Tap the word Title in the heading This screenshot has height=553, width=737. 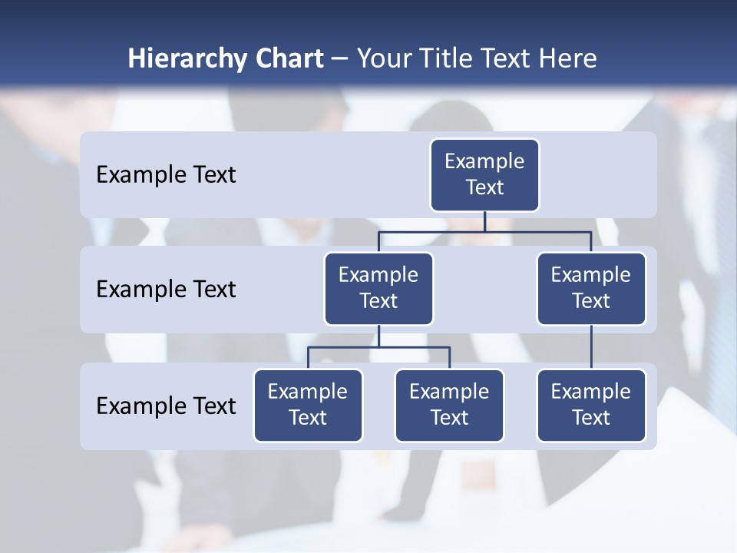pyautogui.click(x=444, y=59)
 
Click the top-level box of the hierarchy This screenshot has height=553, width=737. pyautogui.click(x=484, y=175)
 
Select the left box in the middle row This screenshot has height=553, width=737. pyautogui.click(x=378, y=289)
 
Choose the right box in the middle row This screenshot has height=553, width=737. pyautogui.click(x=591, y=289)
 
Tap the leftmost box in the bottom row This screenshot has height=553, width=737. pyautogui.click(x=308, y=406)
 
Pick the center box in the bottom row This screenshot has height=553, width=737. pyautogui.click(x=449, y=406)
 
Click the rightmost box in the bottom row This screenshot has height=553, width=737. pyautogui.click(x=591, y=406)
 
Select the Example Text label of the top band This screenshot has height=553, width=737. pyautogui.click(x=166, y=175)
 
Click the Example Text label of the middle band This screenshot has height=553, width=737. pyautogui.click(x=166, y=290)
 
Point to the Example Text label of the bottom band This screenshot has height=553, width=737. pyautogui.click(x=166, y=406)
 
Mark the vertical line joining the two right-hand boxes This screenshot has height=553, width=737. pyautogui.click(x=591, y=347)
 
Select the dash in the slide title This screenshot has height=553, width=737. pyautogui.click(x=340, y=60)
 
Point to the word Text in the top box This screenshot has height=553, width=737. pyautogui.click(x=484, y=188)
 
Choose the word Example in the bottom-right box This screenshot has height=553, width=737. pyautogui.click(x=591, y=392)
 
